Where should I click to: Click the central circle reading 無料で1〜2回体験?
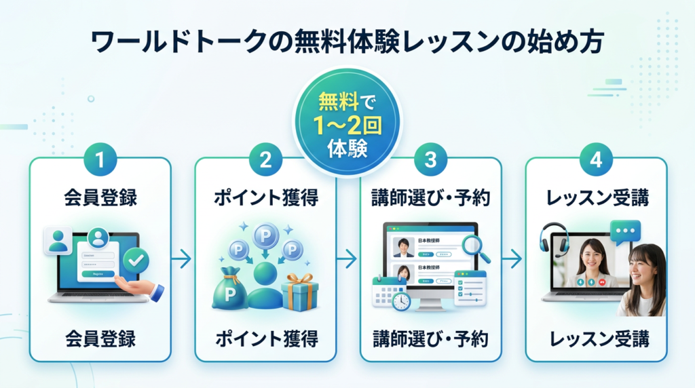pyautogui.click(x=347, y=123)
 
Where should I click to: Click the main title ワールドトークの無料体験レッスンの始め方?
pyautogui.click(x=347, y=43)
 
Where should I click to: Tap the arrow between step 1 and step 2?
pyautogui.click(x=181, y=258)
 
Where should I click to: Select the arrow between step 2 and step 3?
pyautogui.click(x=347, y=258)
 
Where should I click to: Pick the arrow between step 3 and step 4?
pyautogui.click(x=512, y=258)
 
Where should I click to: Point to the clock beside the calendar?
pyautogui.click(x=400, y=301)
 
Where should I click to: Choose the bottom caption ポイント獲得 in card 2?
pyautogui.click(x=265, y=338)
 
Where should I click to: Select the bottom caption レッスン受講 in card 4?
pyautogui.click(x=596, y=338)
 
